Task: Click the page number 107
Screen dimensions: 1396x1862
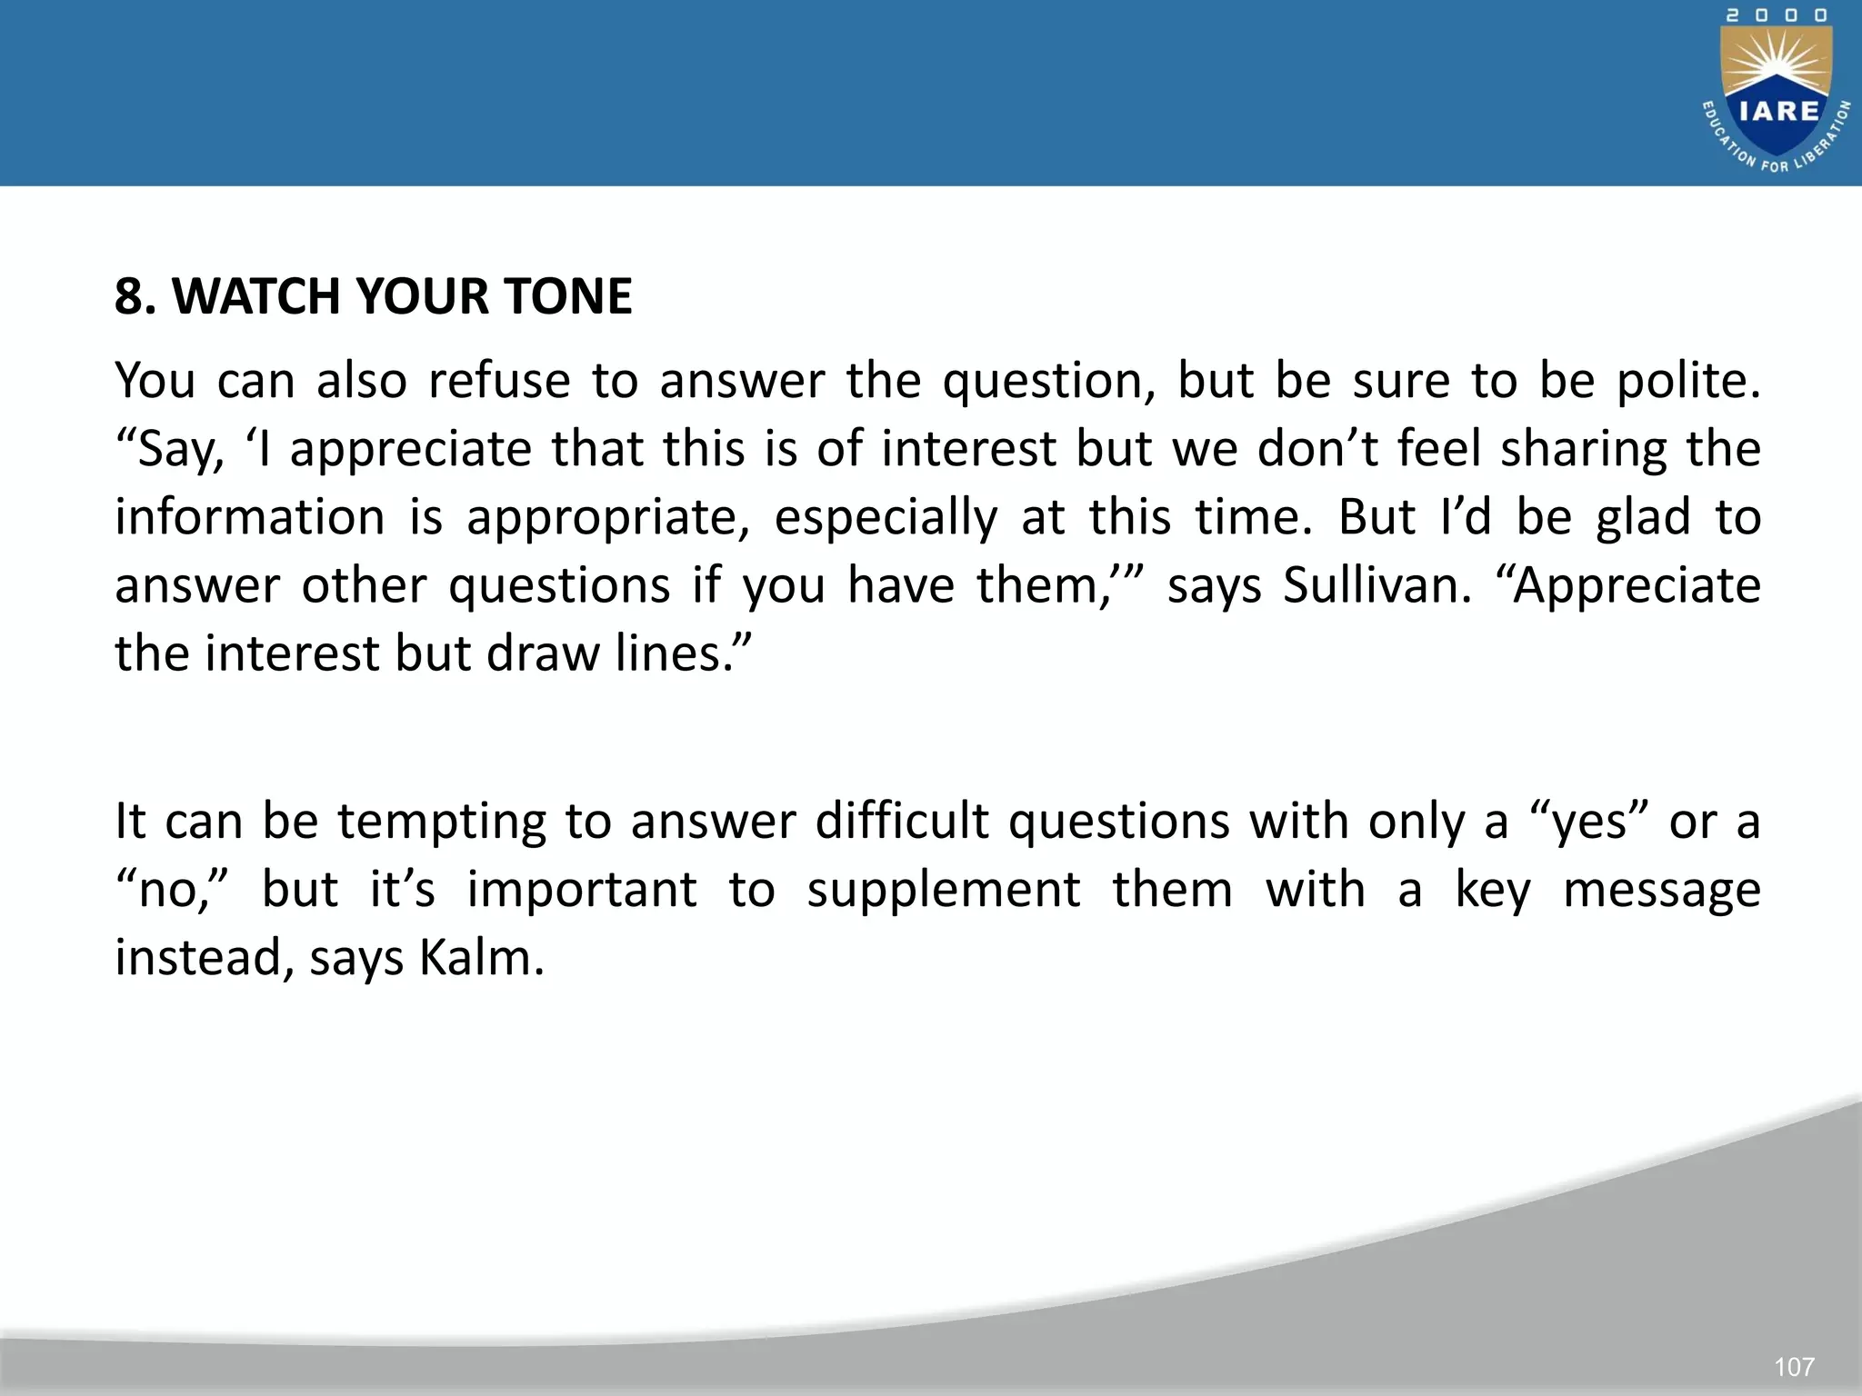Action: (1794, 1367)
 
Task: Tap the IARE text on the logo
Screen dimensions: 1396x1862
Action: (1778, 111)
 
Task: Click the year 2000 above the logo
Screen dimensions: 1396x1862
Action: (1777, 16)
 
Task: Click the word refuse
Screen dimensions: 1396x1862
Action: (499, 381)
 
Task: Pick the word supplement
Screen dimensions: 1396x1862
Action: (944, 890)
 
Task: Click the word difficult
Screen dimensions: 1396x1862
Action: (901, 822)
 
